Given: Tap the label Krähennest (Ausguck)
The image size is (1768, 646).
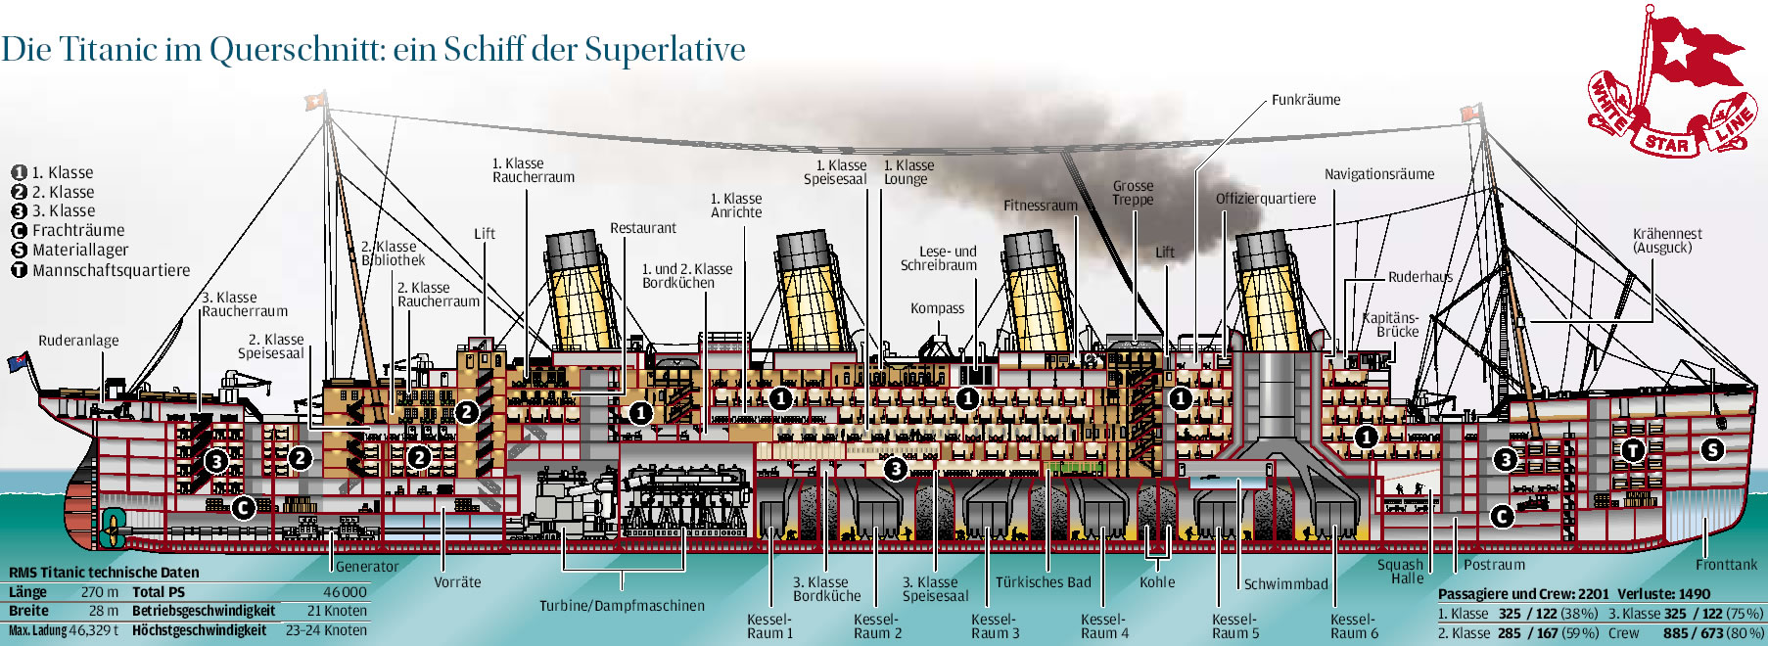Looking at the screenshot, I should [x=1666, y=241].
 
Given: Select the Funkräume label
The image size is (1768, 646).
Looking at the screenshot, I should [x=1305, y=100].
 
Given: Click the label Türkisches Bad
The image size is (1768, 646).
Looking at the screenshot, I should [x=1043, y=582].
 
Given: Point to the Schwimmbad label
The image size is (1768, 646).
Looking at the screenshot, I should [x=1285, y=584].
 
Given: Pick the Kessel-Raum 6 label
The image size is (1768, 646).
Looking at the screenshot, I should [x=1353, y=626].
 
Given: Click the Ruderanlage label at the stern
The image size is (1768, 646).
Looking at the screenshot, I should [x=78, y=341].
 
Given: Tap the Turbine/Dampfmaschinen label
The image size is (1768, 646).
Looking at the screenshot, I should [x=622, y=606].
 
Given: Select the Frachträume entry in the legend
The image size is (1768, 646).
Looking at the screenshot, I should [x=78, y=231].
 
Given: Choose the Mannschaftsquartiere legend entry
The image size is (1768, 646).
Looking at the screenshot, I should [x=111, y=270].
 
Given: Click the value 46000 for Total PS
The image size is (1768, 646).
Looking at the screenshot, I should [x=345, y=592].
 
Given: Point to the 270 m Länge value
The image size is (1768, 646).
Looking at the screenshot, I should [x=99, y=592].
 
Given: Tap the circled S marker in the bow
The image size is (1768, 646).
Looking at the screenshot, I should [x=1711, y=449].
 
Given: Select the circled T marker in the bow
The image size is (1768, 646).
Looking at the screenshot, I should [x=1632, y=450].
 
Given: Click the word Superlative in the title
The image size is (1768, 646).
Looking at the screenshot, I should [x=665, y=49].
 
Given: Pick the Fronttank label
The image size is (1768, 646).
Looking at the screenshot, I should [x=1726, y=565].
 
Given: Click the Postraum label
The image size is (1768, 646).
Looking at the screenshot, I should [x=1494, y=565].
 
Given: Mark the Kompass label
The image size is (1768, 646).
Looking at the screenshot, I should [x=937, y=308].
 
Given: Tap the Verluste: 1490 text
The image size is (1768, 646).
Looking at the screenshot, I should [x=1663, y=594].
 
